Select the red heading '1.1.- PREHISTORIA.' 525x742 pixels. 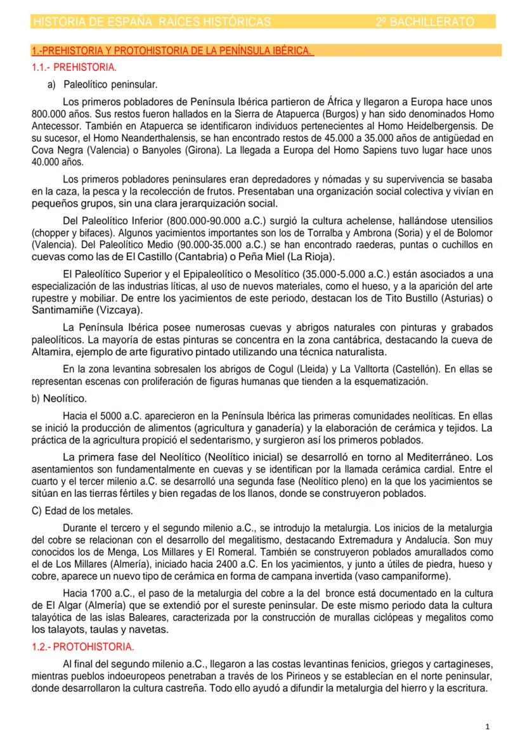[74, 67]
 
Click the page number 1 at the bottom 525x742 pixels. [486, 726]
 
